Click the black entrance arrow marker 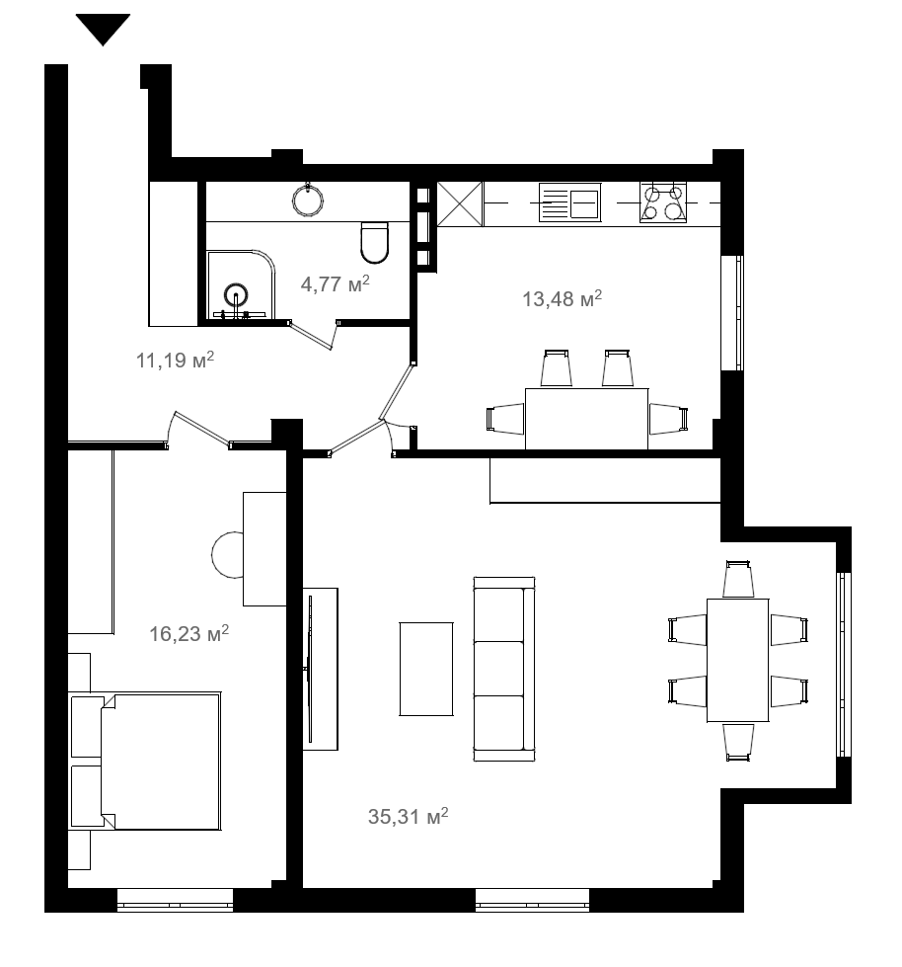coord(103,28)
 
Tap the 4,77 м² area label coord(335,283)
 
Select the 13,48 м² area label coord(562,298)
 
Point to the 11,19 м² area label coord(175,360)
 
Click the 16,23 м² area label coord(189,633)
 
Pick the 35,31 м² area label coord(408,816)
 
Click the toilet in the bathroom coord(374,242)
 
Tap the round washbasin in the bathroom coord(308,199)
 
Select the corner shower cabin coord(241,284)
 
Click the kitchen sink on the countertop coord(569,202)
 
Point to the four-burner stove coord(663,202)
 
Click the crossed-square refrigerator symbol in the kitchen coord(460,204)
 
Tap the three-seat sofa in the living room coord(504,669)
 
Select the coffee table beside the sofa coord(426,669)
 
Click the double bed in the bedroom coord(160,761)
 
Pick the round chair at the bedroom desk coord(227,555)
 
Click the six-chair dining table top coord(737,660)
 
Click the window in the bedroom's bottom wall coord(175,900)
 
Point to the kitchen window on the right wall coord(732,313)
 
